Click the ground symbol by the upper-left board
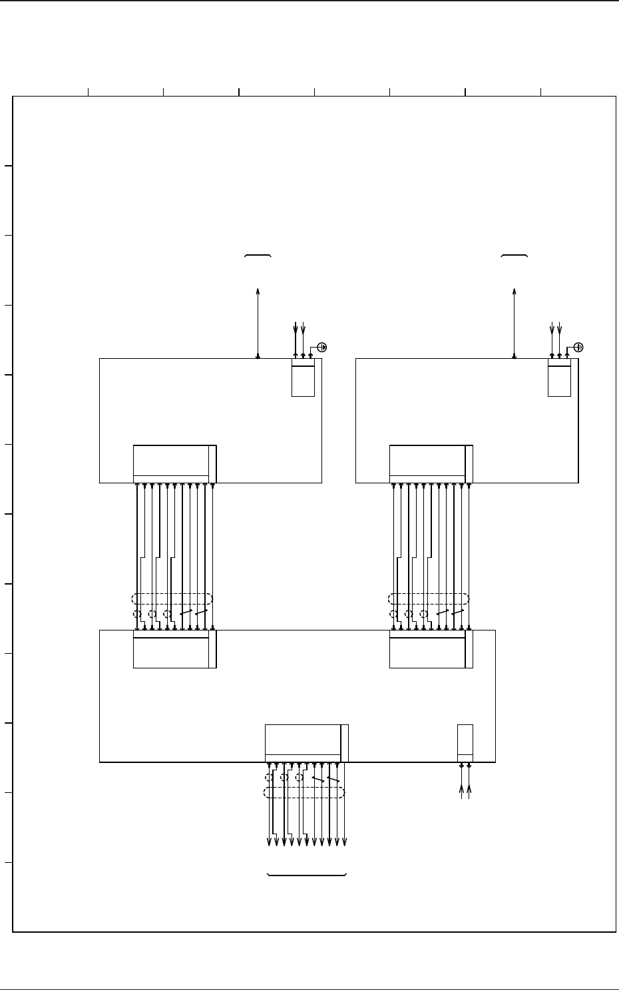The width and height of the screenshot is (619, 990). (x=322, y=347)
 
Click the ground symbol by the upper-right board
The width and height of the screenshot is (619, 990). (x=578, y=347)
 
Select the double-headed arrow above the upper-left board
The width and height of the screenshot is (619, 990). (x=258, y=323)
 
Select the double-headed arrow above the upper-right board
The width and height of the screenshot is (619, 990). (x=515, y=323)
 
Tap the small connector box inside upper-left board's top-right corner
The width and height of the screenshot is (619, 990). (x=303, y=380)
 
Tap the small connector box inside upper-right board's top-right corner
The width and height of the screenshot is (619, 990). (x=559, y=380)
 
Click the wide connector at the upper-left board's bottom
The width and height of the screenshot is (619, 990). (x=174, y=463)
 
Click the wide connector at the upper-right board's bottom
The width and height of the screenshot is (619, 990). (x=431, y=463)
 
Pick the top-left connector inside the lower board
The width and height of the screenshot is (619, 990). (x=174, y=649)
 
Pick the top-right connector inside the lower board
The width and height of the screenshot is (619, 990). (x=431, y=649)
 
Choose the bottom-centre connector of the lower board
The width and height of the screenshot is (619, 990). (x=306, y=743)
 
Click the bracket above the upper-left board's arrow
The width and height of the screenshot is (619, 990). (x=258, y=256)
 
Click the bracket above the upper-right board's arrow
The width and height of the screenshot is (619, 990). (x=515, y=256)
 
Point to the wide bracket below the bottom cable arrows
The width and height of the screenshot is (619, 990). (x=307, y=874)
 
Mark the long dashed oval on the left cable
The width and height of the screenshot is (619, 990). (x=172, y=599)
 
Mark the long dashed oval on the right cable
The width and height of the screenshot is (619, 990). (x=429, y=599)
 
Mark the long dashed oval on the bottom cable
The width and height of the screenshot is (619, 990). (x=305, y=792)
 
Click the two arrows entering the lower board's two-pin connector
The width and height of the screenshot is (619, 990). (x=466, y=792)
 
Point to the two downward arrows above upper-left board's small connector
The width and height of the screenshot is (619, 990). (x=300, y=330)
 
